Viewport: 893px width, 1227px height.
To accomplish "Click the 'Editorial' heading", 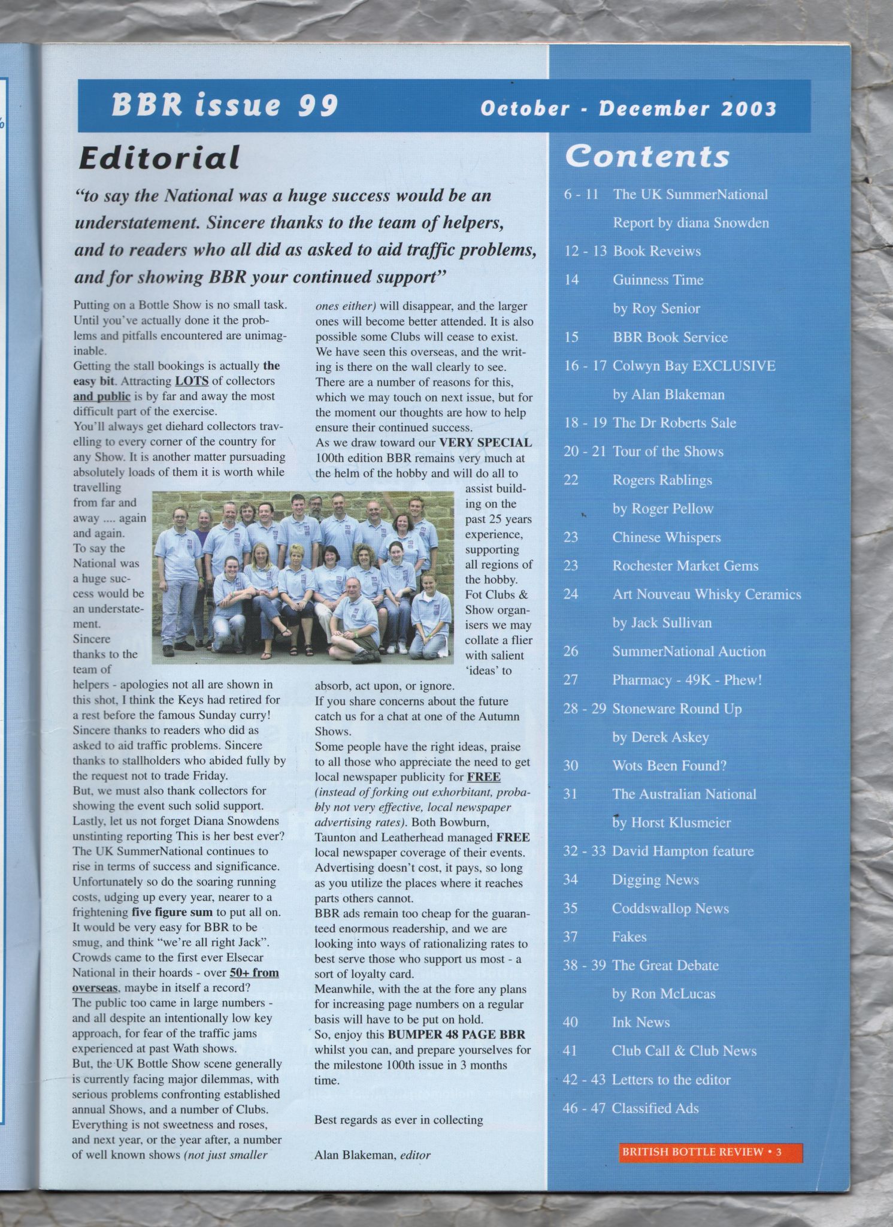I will [159, 158].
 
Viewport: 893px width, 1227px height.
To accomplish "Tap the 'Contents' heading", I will [647, 156].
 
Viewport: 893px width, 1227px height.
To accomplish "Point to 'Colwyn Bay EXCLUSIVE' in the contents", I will [694, 365].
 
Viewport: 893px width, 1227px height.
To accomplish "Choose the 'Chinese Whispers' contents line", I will [666, 537].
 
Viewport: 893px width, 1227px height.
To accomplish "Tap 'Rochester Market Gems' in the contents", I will [685, 566].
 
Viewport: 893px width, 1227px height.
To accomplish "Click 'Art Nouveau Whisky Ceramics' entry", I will [706, 594].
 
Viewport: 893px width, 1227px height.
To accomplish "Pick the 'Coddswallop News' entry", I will [670, 908].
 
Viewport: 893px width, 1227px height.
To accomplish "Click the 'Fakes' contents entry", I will [629, 936].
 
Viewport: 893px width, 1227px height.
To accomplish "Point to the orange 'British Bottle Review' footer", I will [710, 1152].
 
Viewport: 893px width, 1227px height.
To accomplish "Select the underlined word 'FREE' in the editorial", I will [483, 777].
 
